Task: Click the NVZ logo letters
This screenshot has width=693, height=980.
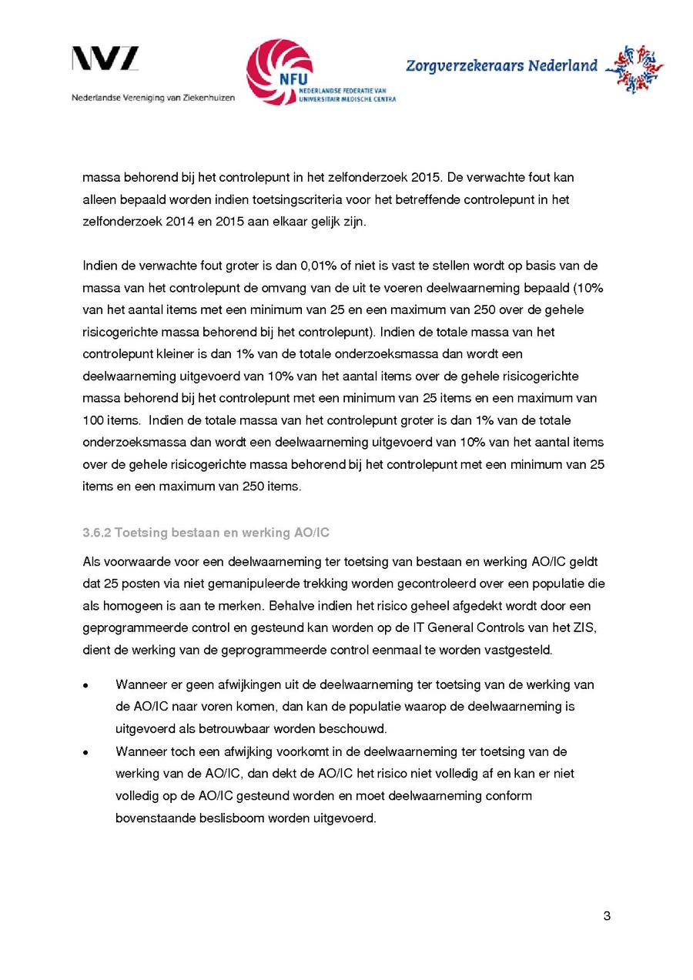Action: point(105,59)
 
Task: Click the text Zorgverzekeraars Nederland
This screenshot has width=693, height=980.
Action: point(501,66)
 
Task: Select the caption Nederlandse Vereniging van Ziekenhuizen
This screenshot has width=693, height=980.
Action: point(153,98)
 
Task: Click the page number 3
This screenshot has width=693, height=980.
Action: point(607,916)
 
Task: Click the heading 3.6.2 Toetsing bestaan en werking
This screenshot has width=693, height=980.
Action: point(206,533)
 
